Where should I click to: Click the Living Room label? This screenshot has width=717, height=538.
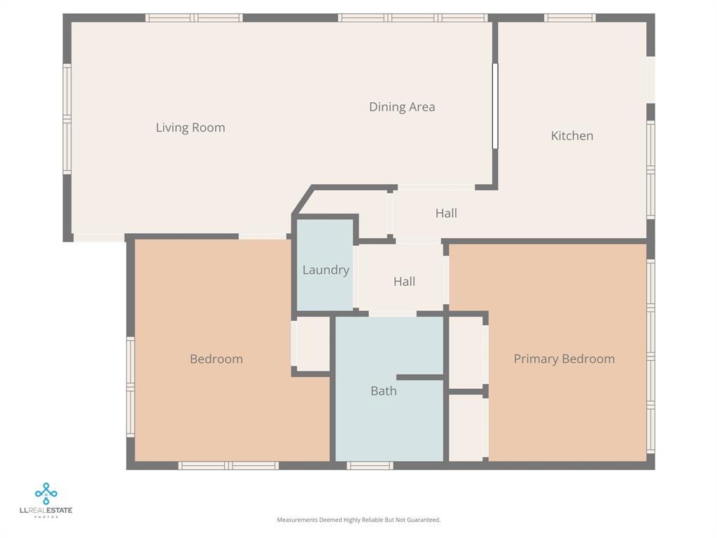pos(190,127)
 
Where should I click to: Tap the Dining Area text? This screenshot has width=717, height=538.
pos(402,107)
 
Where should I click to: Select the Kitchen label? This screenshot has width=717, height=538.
pos(572,136)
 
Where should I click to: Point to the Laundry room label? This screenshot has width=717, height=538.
pos(326,270)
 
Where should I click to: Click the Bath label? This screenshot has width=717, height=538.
pos(383,391)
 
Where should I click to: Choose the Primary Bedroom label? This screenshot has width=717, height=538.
pos(564,359)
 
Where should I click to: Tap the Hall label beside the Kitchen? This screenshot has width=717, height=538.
pos(446,213)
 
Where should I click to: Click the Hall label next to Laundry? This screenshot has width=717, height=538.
pos(404,282)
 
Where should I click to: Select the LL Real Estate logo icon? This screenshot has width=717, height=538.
pos(46,493)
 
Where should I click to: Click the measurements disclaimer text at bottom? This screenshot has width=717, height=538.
pos(358,520)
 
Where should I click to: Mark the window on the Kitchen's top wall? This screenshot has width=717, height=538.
pos(570,18)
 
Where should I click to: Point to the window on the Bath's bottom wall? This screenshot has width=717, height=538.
pos(370,465)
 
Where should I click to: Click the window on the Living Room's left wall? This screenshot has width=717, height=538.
pos(67,118)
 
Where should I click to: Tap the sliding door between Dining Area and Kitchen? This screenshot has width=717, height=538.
pos(494,106)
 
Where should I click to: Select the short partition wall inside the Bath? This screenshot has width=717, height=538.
pos(420,378)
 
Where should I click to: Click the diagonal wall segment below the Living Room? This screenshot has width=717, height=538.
pos(302,200)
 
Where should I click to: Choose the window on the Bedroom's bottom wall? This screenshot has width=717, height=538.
pos(228,465)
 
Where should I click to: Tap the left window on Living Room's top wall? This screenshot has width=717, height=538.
pos(194,18)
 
